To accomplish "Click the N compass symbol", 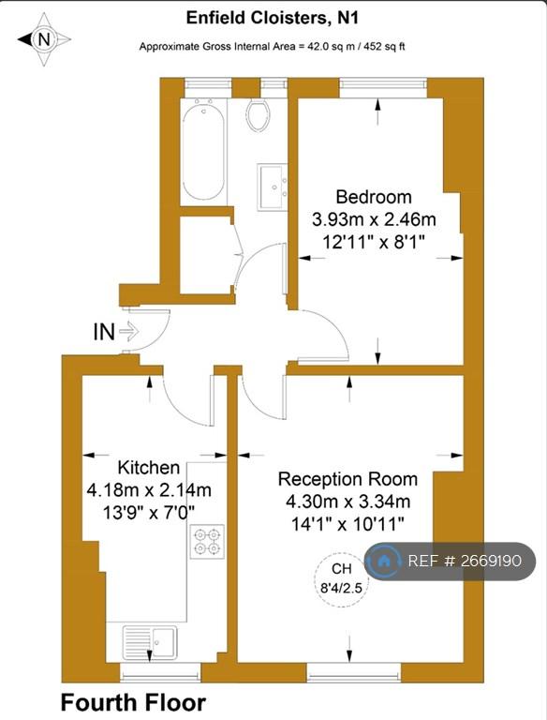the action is pos(44,39).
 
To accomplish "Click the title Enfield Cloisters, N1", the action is pos(273,18).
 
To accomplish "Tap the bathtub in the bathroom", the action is pos(203,151).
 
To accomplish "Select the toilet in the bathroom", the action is pos(259,114).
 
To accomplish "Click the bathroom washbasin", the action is pos(273,187).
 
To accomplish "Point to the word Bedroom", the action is pos(374,197).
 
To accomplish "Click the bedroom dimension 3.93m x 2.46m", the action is pos(374,219).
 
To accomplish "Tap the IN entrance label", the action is pos(104,332).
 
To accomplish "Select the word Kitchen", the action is pos(149,468).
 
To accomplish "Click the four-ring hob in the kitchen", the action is pos(207,541).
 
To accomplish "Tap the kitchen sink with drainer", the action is pos(150,642).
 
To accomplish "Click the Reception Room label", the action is pos(347,479).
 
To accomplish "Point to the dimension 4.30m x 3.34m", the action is pos(347,501).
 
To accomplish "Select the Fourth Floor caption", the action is pos(134,702).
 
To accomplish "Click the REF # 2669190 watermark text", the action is pos(465,561).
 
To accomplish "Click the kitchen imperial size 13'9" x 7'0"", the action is pos(149,512).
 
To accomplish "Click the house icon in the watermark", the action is pos(384,561).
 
